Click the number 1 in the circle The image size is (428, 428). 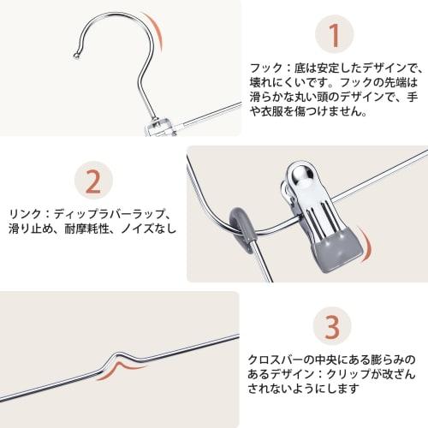(x=335, y=36)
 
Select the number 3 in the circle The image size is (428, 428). (x=332, y=327)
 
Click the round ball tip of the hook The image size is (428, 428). (x=76, y=56)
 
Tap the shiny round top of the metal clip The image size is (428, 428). (x=300, y=173)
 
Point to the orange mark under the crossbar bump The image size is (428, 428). (x=118, y=370)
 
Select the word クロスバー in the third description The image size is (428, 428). (x=275, y=360)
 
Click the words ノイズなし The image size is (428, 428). (x=149, y=229)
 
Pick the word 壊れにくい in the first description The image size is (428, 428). (x=277, y=83)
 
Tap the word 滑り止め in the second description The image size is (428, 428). (x=31, y=229)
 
